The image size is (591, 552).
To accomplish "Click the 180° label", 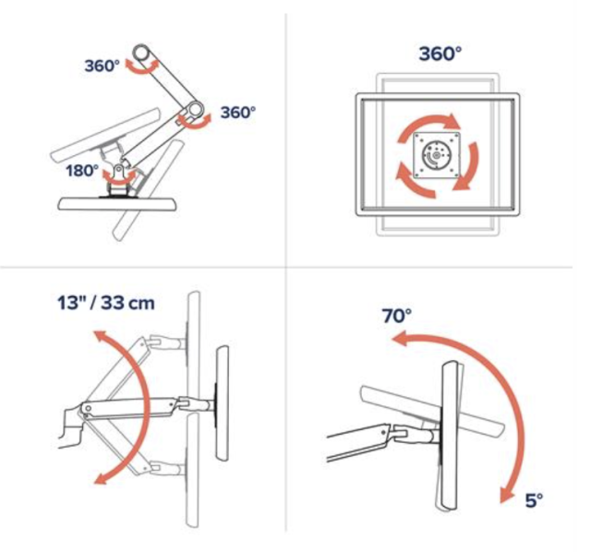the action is pos(82,171).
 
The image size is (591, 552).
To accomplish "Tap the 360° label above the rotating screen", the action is pos(440,54).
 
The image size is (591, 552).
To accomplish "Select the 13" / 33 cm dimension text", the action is pos(106,303).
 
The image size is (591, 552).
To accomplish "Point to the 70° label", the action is pos(396,316).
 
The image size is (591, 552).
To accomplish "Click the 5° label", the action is pos(534,500).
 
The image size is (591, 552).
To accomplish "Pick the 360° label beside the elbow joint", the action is pos(238,113).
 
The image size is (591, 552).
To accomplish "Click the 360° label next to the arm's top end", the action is pos(103,66).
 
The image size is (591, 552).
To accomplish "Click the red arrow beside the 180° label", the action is pos(119,177).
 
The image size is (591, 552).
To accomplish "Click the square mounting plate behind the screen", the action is pos(437,155).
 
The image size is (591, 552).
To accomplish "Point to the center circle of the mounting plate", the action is pos(437,155).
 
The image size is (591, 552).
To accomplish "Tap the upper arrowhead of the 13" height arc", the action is pos(101,337).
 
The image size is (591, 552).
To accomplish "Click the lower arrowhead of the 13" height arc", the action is pos(101,478).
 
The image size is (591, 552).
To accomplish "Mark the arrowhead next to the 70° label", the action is pos(400,339).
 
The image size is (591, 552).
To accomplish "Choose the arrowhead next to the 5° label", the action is pos(507,495).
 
